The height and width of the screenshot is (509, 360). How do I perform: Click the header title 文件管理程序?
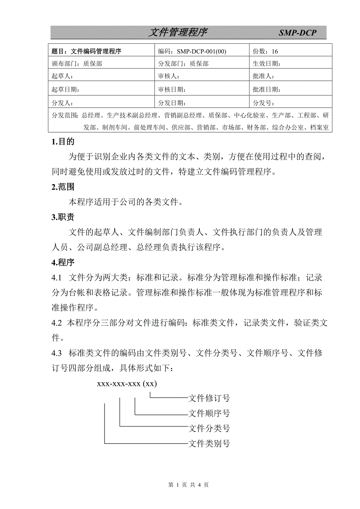pyautogui.click(x=177, y=33)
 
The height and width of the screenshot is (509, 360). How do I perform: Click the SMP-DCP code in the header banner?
pyautogui.click(x=297, y=33)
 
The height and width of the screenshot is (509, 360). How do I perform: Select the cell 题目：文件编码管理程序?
pyautogui.click(x=87, y=51)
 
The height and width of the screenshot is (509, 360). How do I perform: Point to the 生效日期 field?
pyautogui.click(x=267, y=63)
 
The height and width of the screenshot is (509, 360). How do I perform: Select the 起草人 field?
pyautogui.click(x=62, y=76)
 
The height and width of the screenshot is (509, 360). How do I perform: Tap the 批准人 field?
pyautogui.click(x=264, y=76)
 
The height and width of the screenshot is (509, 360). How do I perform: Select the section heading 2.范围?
pyautogui.click(x=63, y=187)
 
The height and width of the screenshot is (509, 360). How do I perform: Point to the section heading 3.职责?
pyautogui.click(x=63, y=217)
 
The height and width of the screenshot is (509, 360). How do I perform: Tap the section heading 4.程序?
pyautogui.click(x=63, y=262)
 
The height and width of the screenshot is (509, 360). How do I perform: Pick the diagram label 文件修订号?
pyautogui.click(x=209, y=398)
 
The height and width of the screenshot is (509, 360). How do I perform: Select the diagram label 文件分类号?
pyautogui.click(x=209, y=428)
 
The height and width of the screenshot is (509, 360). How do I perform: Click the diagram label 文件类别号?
pyautogui.click(x=209, y=443)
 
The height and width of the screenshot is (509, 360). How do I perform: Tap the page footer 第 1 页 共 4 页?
pyautogui.click(x=188, y=485)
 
